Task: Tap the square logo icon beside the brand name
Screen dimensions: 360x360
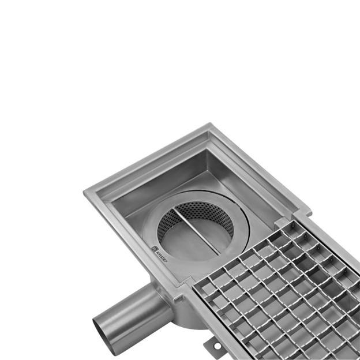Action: click(x=154, y=250)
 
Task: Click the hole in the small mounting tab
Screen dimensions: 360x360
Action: click(x=216, y=346)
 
